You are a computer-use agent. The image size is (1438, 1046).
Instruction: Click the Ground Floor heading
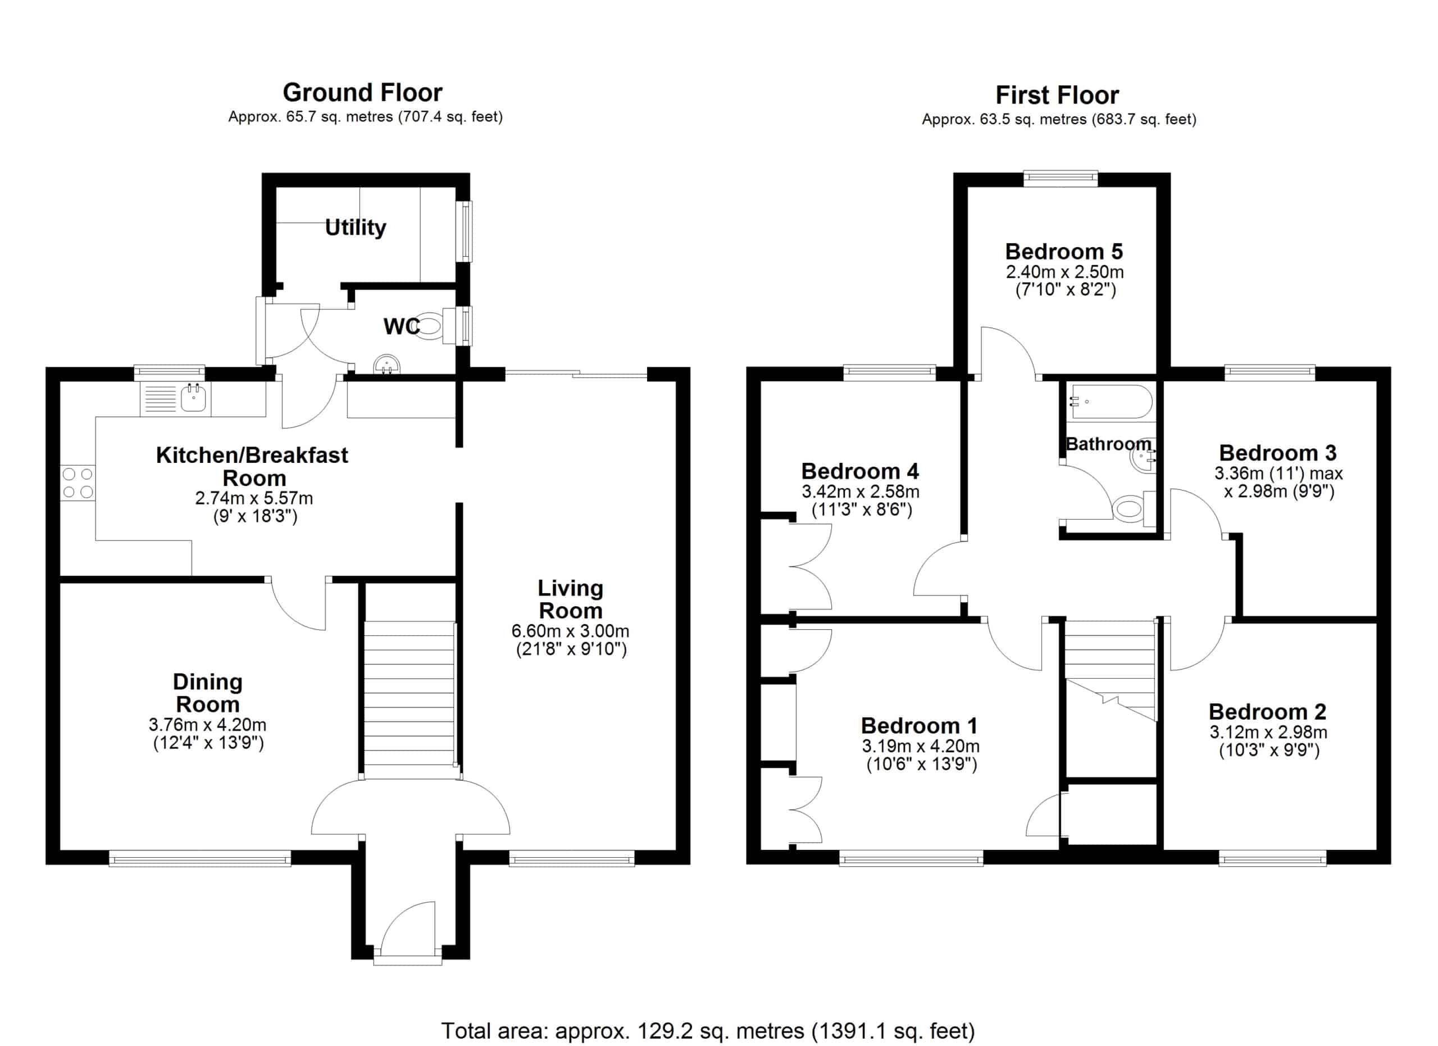(x=362, y=93)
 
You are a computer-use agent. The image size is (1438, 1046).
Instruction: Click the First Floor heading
(x=1057, y=95)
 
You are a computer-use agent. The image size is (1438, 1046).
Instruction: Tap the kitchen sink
(x=193, y=398)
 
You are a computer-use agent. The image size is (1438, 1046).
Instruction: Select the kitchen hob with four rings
(x=78, y=483)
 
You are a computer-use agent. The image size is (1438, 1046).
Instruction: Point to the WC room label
(x=401, y=326)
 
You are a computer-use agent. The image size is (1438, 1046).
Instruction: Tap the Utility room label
(x=355, y=228)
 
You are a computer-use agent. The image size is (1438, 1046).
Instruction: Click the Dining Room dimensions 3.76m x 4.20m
(x=207, y=725)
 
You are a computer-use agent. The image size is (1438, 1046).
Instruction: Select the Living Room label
(x=570, y=599)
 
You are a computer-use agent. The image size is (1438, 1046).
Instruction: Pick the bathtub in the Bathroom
(x=1111, y=401)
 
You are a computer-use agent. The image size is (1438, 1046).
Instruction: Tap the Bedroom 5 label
(x=1064, y=252)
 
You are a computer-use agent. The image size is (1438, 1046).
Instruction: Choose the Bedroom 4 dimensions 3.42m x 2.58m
(x=861, y=492)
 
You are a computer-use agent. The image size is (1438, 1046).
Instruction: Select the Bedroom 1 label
(x=920, y=725)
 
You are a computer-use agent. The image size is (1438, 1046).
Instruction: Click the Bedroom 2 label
(x=1267, y=711)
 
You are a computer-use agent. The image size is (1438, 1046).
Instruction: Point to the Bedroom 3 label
(x=1277, y=453)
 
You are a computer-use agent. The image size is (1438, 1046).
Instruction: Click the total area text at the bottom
(x=708, y=1030)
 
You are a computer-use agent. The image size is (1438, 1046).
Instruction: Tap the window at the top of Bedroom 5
(x=1061, y=179)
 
